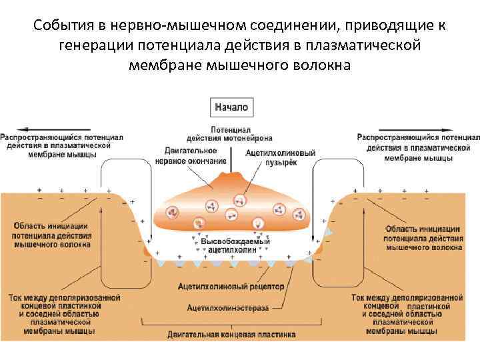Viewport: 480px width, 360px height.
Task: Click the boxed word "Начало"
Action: [231, 106]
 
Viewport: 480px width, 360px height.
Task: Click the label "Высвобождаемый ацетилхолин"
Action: [231, 245]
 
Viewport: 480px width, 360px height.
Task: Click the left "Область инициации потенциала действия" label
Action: [52, 235]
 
